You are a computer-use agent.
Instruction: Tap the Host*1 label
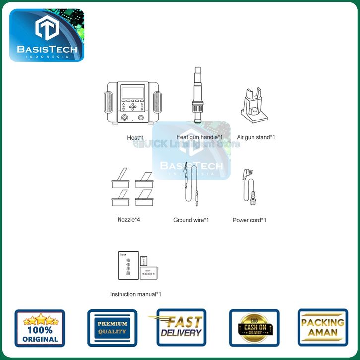click(135, 137)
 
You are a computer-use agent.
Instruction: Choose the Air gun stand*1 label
click(256, 137)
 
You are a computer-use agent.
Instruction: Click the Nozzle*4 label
click(129, 219)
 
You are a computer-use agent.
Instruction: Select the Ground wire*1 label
click(191, 220)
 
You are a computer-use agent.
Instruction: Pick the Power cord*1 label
click(249, 220)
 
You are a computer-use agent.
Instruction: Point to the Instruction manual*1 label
click(135, 294)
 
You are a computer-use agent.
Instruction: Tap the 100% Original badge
click(40, 327)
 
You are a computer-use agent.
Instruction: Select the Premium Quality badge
click(112, 328)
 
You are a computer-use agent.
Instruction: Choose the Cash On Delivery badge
click(254, 328)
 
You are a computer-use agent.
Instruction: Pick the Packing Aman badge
click(323, 327)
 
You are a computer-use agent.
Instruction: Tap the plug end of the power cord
click(248, 174)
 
